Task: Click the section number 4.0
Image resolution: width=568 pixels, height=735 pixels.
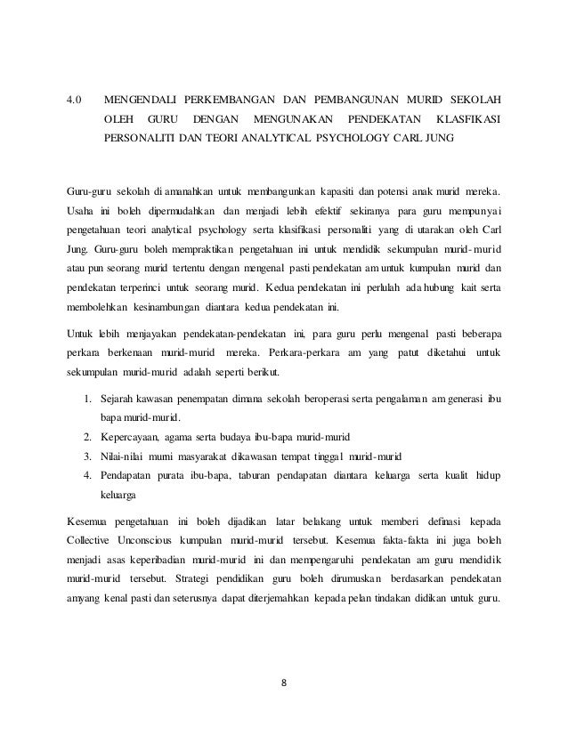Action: [76, 96]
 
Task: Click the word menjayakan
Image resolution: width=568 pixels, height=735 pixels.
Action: [143, 335]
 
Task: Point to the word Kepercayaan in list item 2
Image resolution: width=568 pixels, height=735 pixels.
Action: [132, 437]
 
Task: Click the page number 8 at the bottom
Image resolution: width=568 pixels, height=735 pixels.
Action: [284, 684]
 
